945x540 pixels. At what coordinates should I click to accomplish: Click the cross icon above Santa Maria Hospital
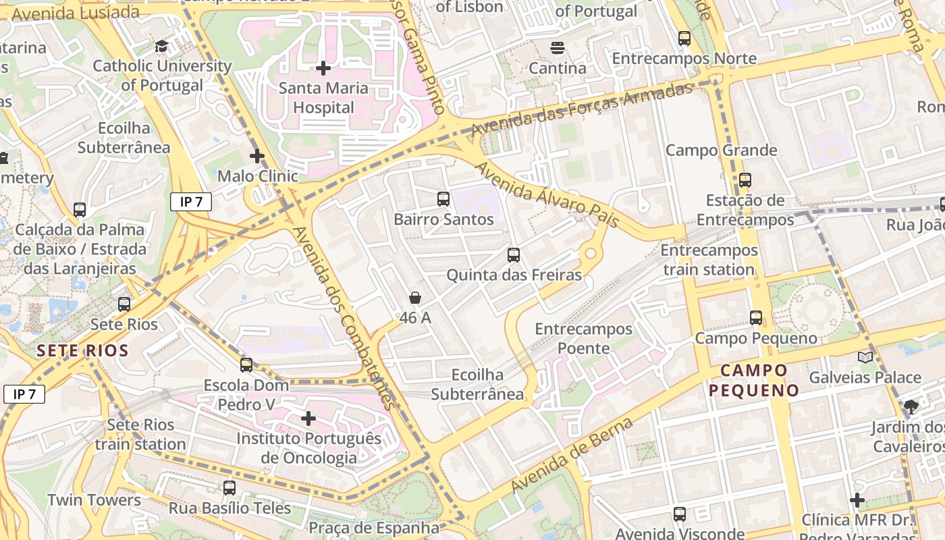323,68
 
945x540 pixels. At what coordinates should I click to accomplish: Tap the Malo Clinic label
257,176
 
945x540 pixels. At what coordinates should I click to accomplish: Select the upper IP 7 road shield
191,201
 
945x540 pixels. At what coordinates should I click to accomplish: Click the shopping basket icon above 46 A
415,298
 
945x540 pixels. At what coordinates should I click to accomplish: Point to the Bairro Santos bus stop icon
443,199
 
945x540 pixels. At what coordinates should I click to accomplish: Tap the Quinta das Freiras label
514,275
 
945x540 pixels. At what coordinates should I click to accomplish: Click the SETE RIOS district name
82,351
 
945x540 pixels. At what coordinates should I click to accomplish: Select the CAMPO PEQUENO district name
753,380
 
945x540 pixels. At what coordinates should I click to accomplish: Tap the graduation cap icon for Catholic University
161,47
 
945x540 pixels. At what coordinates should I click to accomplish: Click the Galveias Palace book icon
865,357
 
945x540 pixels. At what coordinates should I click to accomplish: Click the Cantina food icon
557,48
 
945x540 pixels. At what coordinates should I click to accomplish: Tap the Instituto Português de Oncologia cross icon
308,418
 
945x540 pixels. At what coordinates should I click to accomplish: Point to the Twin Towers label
94,500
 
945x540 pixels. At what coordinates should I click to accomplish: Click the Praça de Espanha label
373,527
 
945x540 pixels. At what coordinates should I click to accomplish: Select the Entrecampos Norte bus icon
684,38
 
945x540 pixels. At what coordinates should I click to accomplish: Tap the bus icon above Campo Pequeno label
756,318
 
